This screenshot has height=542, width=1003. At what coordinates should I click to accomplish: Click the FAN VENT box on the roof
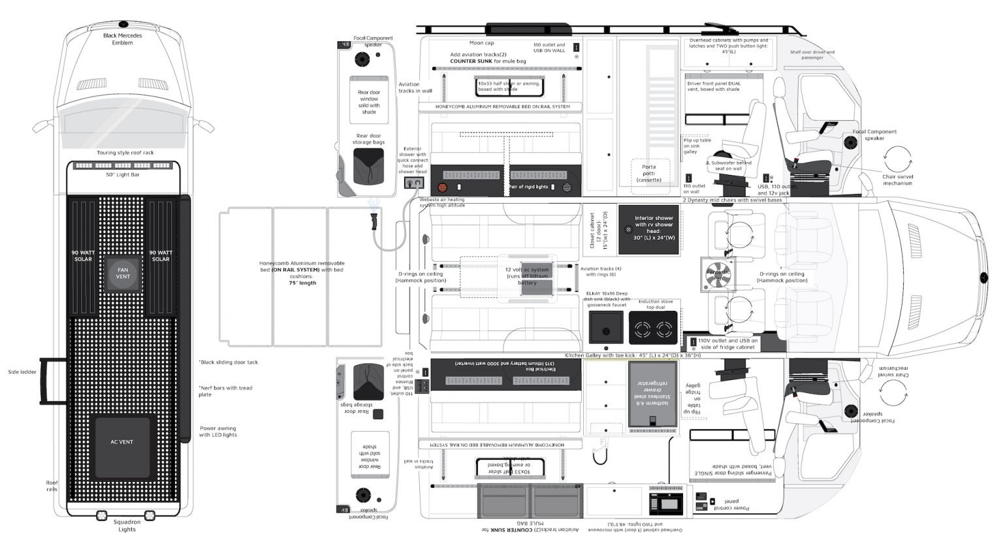click(x=123, y=273)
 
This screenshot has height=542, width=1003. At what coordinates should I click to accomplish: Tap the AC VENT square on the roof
click(x=122, y=442)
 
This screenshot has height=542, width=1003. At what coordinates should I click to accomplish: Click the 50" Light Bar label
click(x=123, y=175)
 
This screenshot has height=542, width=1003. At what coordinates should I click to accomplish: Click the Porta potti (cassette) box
click(x=648, y=174)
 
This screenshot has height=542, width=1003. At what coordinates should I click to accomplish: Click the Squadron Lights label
click(x=127, y=526)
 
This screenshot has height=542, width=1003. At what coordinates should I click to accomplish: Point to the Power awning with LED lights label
click(x=218, y=432)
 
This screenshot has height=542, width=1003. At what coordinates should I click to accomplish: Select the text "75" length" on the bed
click(x=302, y=283)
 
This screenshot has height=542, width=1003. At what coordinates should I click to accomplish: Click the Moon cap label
click(x=481, y=43)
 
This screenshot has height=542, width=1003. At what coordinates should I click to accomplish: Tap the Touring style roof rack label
click(x=125, y=153)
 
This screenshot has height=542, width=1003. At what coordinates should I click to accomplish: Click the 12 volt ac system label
click(x=527, y=276)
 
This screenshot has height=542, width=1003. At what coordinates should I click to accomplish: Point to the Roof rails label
click(x=52, y=486)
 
